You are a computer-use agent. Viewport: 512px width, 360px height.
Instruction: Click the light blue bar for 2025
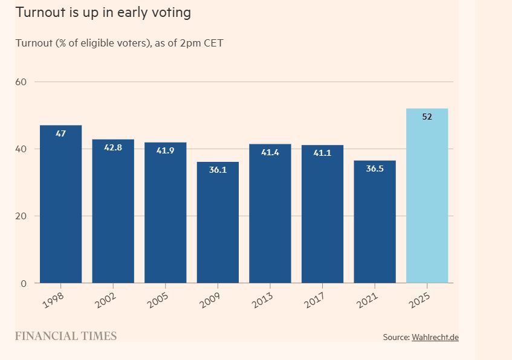427,196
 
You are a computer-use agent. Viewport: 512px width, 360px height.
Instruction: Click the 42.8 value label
113,147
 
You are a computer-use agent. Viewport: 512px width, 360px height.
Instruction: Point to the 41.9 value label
165,150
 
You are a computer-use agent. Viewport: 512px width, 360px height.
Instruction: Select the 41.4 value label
270,152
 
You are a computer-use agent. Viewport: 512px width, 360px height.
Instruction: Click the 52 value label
427,117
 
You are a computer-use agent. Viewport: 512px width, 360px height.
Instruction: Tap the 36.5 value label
375,169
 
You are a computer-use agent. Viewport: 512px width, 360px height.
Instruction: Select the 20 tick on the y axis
21,216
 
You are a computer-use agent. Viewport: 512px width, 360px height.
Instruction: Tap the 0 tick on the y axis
24,283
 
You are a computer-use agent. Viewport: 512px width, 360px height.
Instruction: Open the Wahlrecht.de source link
435,337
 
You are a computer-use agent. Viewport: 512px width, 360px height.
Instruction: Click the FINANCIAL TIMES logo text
66,336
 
